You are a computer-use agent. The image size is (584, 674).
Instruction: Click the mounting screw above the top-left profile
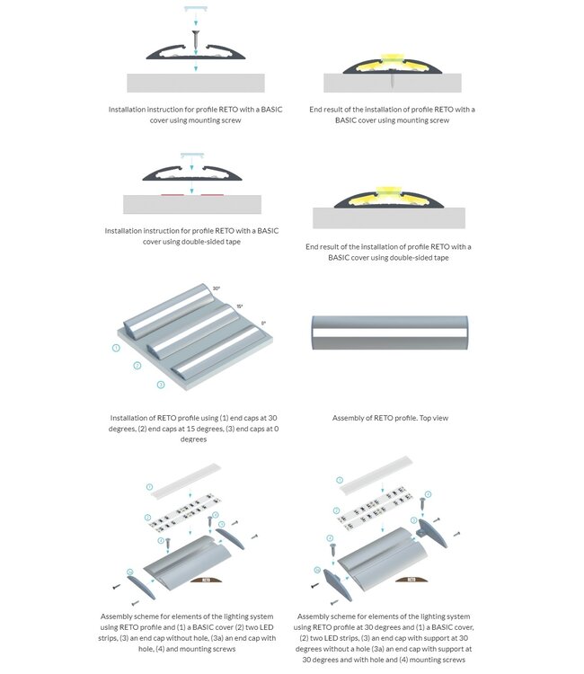[x=194, y=40]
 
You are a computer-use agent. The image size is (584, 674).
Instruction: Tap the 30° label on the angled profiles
[x=217, y=288]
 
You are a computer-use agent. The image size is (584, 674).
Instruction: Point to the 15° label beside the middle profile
[x=239, y=306]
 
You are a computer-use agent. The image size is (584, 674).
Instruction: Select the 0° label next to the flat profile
[x=263, y=323]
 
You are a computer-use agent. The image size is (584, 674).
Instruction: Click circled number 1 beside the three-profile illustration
[x=116, y=347]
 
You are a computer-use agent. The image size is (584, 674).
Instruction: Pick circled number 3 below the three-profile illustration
[x=160, y=384]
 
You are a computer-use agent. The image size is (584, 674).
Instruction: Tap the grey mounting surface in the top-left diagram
[x=193, y=83]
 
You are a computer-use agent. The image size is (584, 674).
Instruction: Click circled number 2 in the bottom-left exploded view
[x=147, y=519]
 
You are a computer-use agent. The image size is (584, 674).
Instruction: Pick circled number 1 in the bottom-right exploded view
[x=341, y=481]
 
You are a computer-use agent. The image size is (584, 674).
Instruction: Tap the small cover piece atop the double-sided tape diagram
[x=193, y=155]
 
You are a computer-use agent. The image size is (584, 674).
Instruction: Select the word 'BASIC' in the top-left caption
[x=264, y=110]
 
